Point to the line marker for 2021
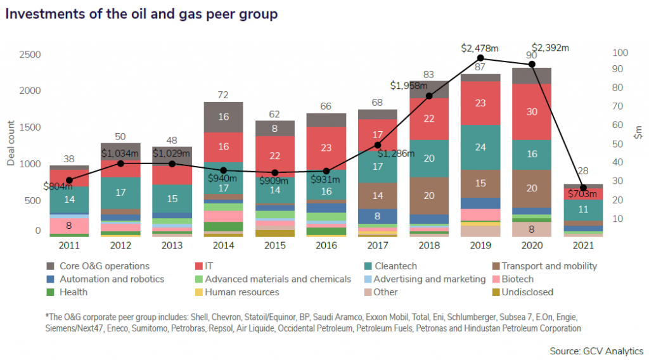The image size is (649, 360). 583,188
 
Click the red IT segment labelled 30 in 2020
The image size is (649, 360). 532,112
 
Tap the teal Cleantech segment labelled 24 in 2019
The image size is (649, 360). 480,147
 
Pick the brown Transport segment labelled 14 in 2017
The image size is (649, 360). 377,195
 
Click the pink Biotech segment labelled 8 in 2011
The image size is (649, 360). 69,224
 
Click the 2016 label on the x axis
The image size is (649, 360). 325,245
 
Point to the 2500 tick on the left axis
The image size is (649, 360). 29,55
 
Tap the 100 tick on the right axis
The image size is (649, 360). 620,53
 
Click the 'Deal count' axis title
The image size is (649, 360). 11,143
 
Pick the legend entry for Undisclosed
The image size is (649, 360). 527,292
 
